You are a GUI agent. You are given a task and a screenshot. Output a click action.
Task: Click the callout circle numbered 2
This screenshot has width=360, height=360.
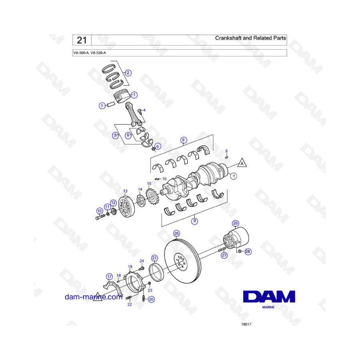coord(128,73)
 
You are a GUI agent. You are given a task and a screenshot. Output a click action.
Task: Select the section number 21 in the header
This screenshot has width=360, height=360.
coord(82,40)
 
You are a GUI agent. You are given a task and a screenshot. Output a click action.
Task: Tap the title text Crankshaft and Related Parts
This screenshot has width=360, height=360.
coord(250,38)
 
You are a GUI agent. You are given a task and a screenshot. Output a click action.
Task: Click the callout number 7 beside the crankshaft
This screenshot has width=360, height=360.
coord(234,176)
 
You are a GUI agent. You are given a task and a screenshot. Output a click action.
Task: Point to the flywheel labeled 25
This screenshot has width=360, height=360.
coord(183,261)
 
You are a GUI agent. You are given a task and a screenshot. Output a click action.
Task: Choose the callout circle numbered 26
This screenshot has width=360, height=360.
coord(236,223)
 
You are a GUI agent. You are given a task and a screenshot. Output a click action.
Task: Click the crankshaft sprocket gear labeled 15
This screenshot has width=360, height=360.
coord(151,197)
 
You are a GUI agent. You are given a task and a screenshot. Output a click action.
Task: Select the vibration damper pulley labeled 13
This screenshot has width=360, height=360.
coord(126,207)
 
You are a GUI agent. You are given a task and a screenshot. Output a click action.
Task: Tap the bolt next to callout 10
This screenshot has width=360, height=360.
coord(100,216)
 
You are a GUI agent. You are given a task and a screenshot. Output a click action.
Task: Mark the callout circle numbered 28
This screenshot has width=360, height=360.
coord(248,252)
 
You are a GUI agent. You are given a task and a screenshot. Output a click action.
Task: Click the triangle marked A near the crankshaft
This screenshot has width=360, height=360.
coord(242,163)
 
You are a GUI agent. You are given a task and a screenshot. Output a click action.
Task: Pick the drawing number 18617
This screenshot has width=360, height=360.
coord(246,324)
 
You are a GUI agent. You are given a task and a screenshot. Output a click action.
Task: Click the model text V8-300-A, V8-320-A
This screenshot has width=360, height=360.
coord(90,53)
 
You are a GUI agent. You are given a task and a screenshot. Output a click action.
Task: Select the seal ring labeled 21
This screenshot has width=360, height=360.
coord(156,273)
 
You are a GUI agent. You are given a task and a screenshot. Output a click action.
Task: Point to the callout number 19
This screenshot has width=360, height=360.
coord(130,266)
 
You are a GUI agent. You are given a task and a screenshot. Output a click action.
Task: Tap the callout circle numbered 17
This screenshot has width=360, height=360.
coord(109,277)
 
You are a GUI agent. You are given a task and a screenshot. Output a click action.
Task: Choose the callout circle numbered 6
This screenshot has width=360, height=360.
coord(128,135)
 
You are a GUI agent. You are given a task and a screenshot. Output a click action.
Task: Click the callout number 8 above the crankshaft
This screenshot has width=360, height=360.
coord(226,151)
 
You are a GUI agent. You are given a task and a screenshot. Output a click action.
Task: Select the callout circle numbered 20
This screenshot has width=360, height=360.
coord(151,299)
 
